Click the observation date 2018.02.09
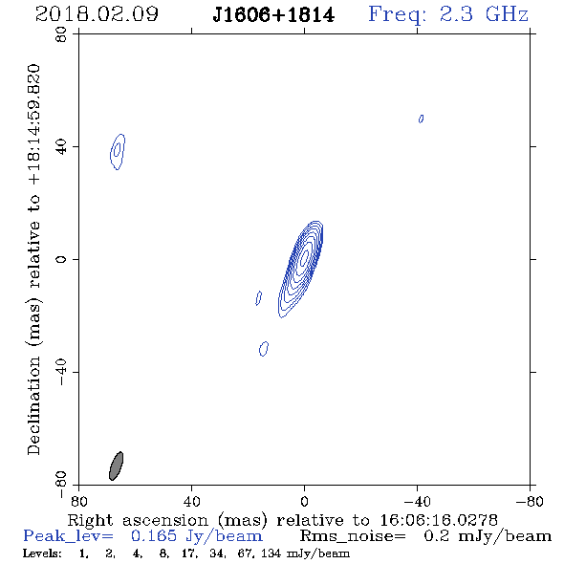coord(97,14)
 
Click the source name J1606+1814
coord(273,15)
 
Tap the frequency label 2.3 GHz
coord(483,14)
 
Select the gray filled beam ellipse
coord(117,466)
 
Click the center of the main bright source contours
coord(304,257)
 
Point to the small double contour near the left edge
coord(118,151)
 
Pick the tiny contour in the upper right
coord(421,119)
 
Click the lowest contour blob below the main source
coord(264,349)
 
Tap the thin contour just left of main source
coord(259,298)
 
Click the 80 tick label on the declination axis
coord(61,34)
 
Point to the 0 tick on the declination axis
coord(61,259)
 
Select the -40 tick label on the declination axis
coord(61,372)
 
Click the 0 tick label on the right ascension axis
coord(304,501)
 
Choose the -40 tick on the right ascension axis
coord(417,501)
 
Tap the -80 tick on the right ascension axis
coord(531,501)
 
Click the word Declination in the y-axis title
coord(33,405)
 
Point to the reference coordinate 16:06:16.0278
coord(439,520)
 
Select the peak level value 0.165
coord(154,536)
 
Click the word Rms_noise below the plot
coord(353,536)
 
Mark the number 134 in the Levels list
coord(271,553)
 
